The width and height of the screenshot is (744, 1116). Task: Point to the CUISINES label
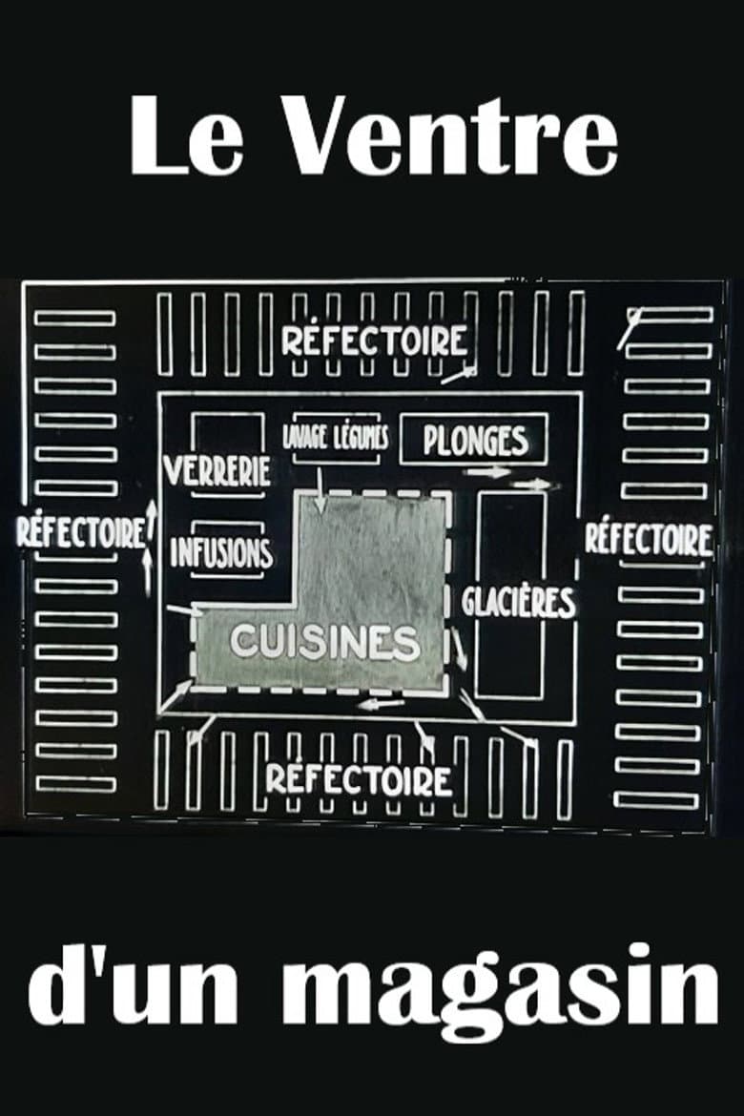(324, 642)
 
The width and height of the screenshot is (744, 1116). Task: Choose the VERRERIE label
(217, 470)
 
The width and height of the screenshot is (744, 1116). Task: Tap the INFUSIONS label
(221, 553)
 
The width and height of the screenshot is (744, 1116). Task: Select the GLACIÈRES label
(518, 603)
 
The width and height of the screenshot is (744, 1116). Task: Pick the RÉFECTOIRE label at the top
(375, 341)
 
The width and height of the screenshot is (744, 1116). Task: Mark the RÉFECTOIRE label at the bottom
(359, 780)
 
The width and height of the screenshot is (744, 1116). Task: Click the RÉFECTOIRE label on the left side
(81, 532)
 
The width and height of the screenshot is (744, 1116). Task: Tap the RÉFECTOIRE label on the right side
(649, 539)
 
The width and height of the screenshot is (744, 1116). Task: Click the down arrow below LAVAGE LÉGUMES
(320, 490)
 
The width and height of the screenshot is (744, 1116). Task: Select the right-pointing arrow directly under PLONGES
(487, 471)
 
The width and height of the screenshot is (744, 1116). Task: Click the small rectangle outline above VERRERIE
(228, 433)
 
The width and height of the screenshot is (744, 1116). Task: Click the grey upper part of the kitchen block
(374, 548)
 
